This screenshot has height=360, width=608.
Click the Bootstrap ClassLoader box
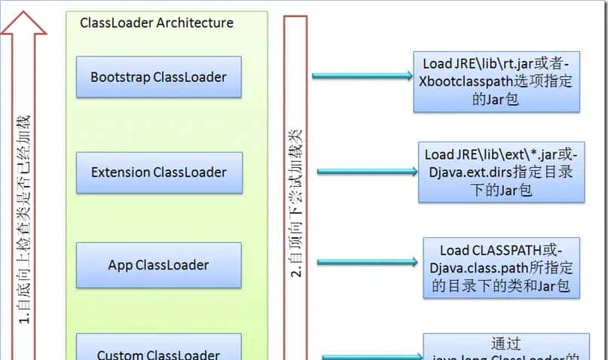click(x=158, y=77)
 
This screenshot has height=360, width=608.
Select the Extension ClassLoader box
click(x=158, y=172)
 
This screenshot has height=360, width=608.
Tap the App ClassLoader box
click(x=158, y=265)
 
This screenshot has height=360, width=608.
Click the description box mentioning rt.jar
click(x=496, y=81)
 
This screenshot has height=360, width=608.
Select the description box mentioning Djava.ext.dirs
click(x=501, y=172)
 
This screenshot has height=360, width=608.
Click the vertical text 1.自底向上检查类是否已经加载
click(x=23, y=218)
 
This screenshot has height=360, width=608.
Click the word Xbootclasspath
click(x=465, y=81)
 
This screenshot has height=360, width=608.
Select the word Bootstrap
click(x=121, y=77)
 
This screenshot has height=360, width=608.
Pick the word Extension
click(x=121, y=172)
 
